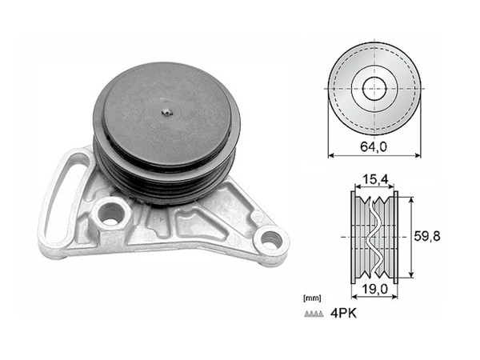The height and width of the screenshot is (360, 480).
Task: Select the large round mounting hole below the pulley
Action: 110,214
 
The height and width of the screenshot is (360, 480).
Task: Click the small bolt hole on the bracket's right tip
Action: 270,238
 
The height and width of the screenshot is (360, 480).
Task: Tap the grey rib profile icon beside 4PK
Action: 313,314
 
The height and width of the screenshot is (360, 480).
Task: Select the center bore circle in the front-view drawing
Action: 374,88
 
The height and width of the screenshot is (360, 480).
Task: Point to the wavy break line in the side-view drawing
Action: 374,237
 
